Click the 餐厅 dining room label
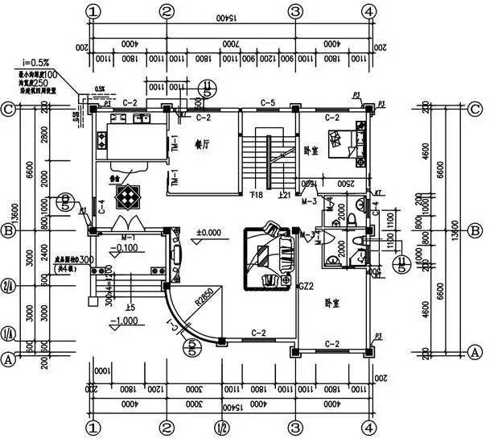(202, 145)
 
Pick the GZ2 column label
(305, 286)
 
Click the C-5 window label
(269, 103)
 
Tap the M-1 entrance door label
(127, 238)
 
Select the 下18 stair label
(257, 195)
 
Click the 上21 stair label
(284, 195)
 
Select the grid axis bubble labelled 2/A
(9, 285)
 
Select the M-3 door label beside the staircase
(309, 201)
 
